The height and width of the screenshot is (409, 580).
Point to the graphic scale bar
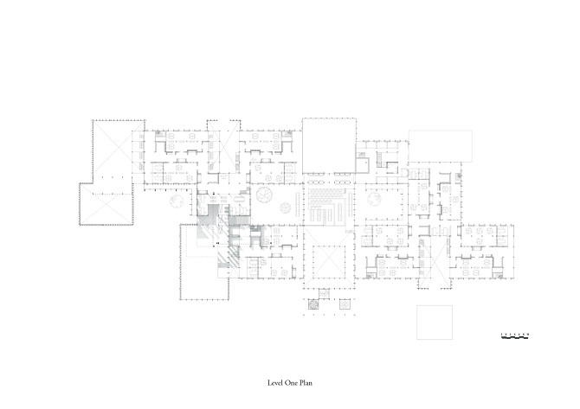(515, 334)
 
